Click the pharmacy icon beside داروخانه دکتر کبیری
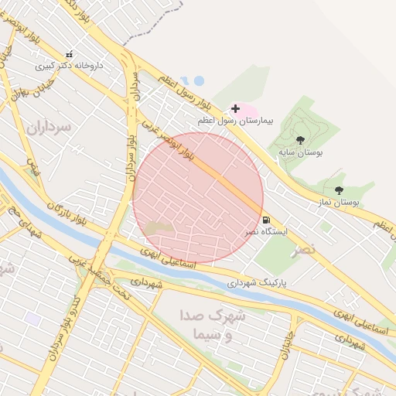(70, 54)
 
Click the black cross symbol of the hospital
(235, 109)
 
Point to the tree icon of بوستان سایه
(300, 140)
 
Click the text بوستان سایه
(301, 152)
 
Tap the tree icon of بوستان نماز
(338, 189)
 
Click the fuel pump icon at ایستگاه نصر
(266, 220)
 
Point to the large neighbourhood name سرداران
(49, 125)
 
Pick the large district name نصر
(304, 251)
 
